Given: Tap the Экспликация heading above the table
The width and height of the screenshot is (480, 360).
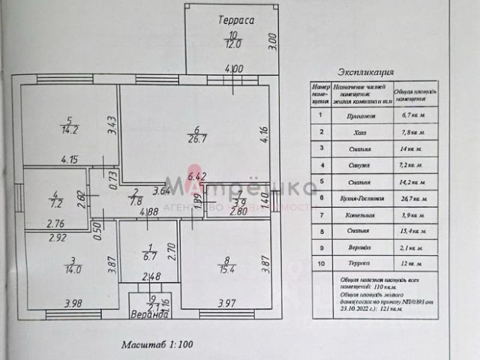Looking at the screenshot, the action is pos(367,73).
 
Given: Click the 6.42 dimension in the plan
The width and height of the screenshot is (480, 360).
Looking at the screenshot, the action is pos(196,176).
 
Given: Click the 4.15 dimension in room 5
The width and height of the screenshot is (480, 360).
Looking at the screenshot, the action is pos(70,159).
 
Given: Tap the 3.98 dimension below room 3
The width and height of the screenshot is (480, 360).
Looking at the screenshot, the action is pos(73,303).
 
